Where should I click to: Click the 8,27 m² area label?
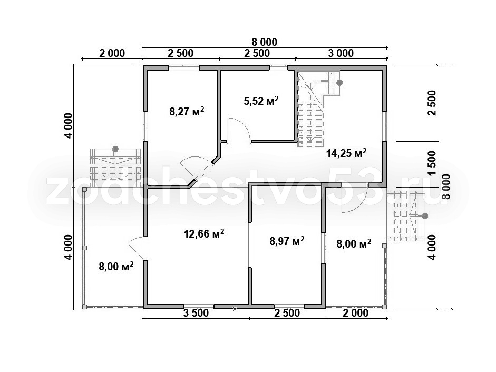(x=187, y=112)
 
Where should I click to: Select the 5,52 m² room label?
(x=261, y=101)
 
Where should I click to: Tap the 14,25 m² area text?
(x=346, y=153)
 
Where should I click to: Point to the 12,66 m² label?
(x=204, y=234)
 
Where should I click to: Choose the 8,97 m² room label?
(x=287, y=241)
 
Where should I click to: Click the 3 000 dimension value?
(x=341, y=53)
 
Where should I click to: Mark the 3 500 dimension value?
(x=196, y=313)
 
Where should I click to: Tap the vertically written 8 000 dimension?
(x=446, y=187)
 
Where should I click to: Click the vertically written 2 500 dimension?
(x=432, y=103)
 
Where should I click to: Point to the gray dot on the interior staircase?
(x=339, y=83)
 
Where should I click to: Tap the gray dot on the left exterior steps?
(x=115, y=149)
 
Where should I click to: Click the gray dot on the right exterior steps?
(x=425, y=216)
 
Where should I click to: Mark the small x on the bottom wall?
(x=235, y=309)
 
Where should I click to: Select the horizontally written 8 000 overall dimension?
(x=265, y=42)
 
